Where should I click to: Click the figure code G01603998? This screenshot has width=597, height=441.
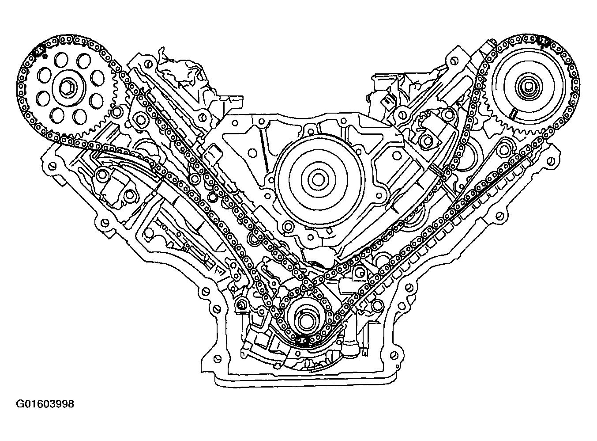tap(45, 404)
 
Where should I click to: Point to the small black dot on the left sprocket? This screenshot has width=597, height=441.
tap(46, 56)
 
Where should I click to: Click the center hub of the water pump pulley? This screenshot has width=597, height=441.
tap(317, 180)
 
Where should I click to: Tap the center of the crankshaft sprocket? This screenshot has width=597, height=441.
tap(304, 323)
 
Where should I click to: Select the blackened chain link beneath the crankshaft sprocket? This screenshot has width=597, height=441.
tap(302, 340)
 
